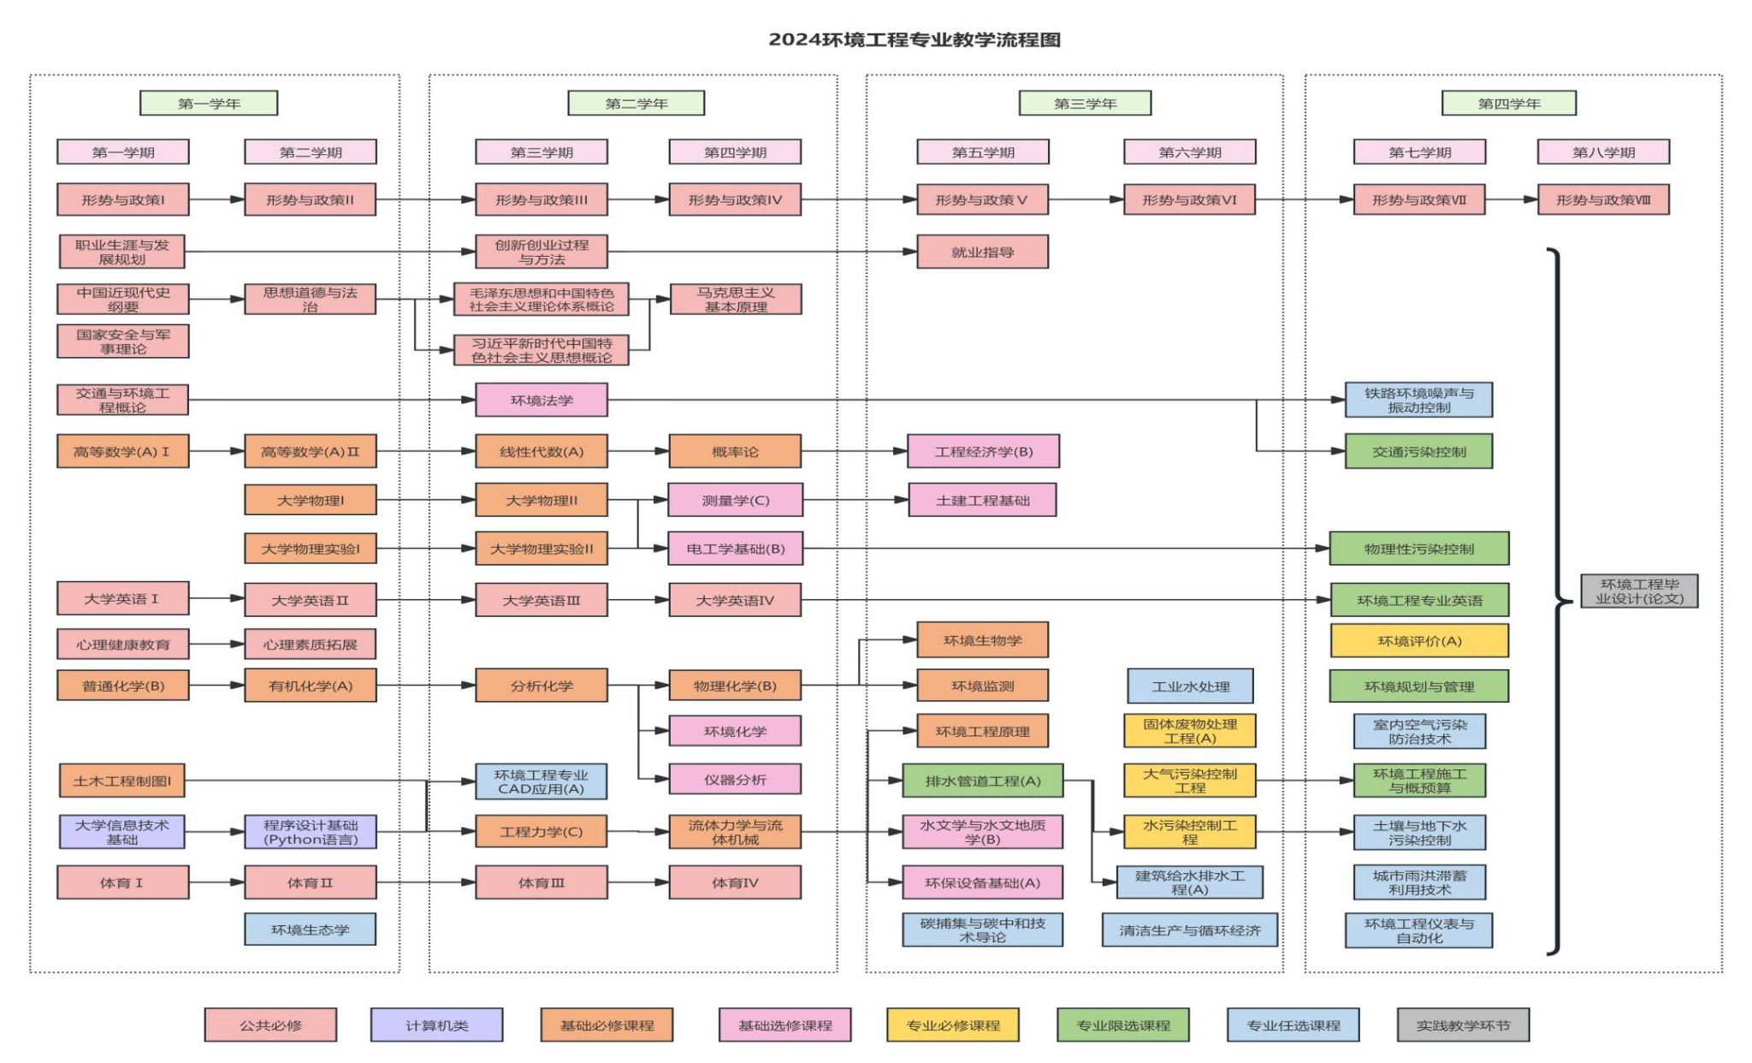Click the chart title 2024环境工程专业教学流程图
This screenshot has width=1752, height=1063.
point(914,40)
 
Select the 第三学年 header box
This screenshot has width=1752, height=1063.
point(1085,104)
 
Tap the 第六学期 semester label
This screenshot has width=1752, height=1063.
point(1189,152)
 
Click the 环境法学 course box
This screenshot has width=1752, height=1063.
point(542,400)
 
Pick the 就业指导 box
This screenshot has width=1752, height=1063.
point(982,252)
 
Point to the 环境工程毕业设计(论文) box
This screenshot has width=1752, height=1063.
point(1638,591)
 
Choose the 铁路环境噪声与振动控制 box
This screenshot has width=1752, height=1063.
point(1418,401)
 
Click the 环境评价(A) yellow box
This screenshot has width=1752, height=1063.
point(1419,641)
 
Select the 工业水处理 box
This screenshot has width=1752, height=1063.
point(1190,686)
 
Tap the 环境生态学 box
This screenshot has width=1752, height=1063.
point(310,929)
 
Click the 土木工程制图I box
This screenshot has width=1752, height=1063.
point(122,781)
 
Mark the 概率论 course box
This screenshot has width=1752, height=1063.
point(735,452)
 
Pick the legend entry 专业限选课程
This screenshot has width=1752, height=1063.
point(1122,1025)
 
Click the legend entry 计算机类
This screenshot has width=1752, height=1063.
point(436,1025)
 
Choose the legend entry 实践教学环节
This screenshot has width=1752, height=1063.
point(1463,1025)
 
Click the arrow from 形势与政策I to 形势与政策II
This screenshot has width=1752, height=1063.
point(216,200)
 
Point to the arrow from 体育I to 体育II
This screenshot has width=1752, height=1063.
point(216,882)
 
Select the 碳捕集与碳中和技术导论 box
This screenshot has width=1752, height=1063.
point(982,930)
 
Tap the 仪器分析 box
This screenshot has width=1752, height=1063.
point(735,780)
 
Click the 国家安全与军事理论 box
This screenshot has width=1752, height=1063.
point(123,341)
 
